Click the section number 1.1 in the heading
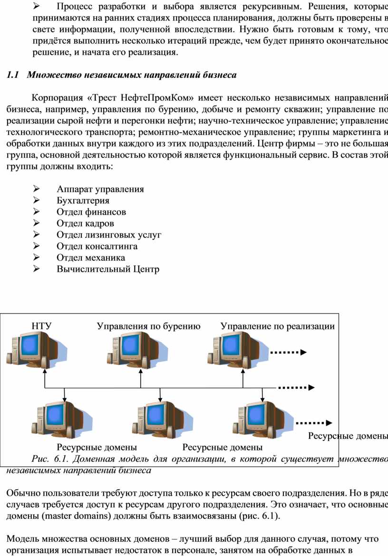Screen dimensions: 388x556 (x=12, y=75)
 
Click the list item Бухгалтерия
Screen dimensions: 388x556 (x=83, y=201)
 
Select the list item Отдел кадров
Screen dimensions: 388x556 (x=85, y=223)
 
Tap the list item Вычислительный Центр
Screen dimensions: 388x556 (x=108, y=269)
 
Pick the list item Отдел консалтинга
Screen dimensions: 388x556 (x=97, y=246)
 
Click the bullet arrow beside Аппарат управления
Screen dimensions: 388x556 (x=36, y=189)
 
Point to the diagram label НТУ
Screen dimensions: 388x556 (x=41, y=326)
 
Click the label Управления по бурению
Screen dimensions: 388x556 (x=149, y=326)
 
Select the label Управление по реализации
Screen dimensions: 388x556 (x=278, y=326)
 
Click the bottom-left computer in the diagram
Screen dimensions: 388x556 (x=62, y=420)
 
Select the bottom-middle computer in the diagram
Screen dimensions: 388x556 (x=163, y=420)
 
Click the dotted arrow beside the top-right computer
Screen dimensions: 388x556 (x=288, y=352)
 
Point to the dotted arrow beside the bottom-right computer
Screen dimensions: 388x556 (x=314, y=422)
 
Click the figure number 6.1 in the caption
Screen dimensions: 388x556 (x=61, y=459)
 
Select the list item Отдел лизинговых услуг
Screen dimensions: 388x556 (x=109, y=235)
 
